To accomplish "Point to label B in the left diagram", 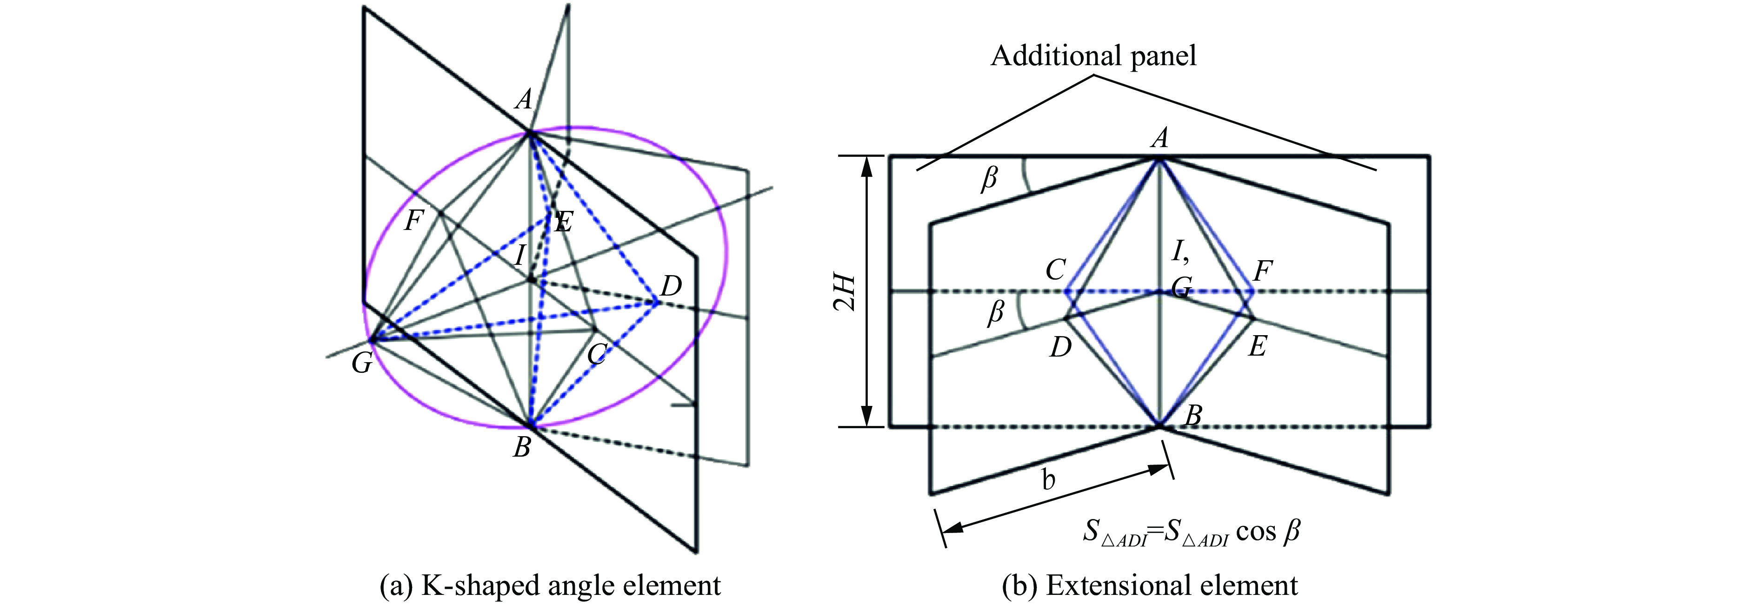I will click(x=522, y=448).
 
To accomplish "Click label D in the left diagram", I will click(x=671, y=285).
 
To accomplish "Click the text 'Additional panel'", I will click(x=1093, y=55).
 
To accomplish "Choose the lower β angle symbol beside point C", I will click(x=996, y=313).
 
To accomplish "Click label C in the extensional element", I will click(x=1055, y=270).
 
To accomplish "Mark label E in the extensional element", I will click(x=1257, y=347).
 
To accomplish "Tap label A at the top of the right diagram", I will click(x=1159, y=139).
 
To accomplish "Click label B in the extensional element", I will click(x=1192, y=414).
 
